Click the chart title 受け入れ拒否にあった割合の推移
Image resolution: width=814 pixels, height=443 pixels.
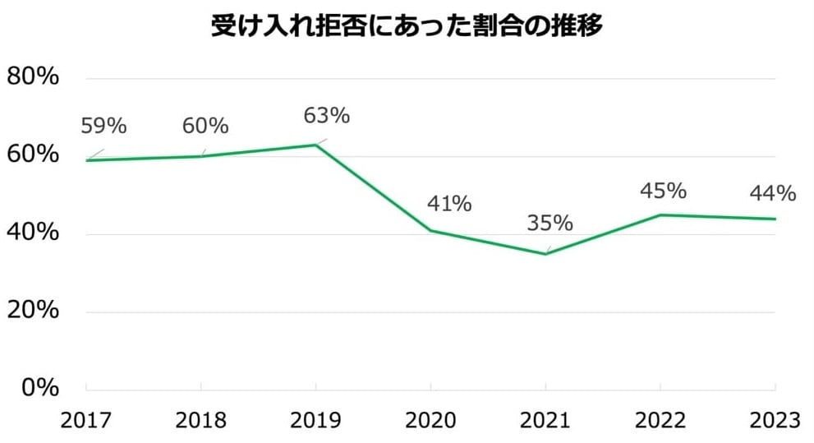[407, 26]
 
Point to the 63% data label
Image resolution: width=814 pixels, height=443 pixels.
[327, 116]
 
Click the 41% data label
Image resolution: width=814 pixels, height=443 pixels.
[448, 204]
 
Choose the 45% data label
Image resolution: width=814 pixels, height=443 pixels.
[664, 191]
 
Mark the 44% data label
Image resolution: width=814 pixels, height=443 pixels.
[773, 194]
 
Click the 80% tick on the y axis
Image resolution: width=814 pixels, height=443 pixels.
[33, 77]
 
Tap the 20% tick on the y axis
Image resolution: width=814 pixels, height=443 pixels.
[33, 311]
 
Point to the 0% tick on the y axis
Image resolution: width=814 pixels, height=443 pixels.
[39, 388]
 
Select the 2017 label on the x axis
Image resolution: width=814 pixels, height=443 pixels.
[86, 420]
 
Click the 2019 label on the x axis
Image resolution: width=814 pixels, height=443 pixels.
[316, 420]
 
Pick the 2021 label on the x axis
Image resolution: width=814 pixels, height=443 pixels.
[546, 420]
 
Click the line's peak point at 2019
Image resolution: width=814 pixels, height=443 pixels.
[316, 145]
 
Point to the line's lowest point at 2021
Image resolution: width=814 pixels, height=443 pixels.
[546, 254]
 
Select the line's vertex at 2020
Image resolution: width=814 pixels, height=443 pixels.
[431, 231]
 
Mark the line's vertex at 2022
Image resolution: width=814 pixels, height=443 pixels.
[661, 215]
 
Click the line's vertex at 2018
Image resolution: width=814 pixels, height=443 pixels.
[201, 156]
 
